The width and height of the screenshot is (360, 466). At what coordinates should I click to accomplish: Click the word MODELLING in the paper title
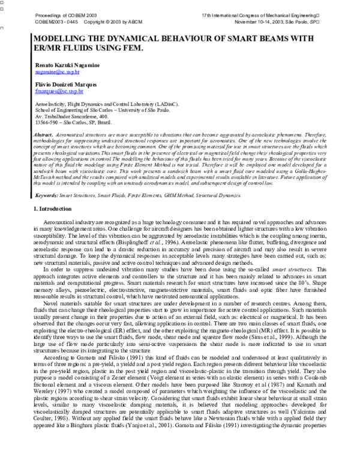coord(46,37)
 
